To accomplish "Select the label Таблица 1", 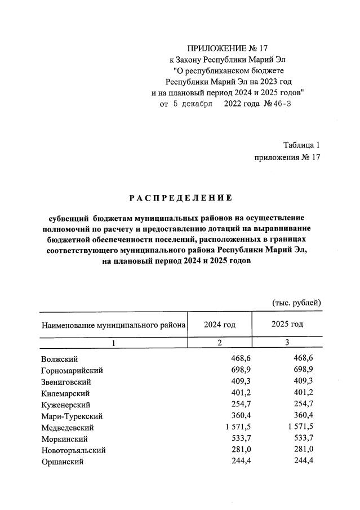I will [301, 145].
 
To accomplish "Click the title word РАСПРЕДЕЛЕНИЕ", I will [181, 198].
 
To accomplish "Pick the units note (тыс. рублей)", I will [296, 303].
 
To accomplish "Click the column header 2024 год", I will [220, 325].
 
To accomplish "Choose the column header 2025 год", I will [287, 325].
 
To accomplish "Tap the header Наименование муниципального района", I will [113, 326].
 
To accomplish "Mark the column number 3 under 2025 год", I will [287, 343].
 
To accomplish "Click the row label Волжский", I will [59, 359].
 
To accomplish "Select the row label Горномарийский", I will [72, 370].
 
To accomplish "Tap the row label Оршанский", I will [62, 462].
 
